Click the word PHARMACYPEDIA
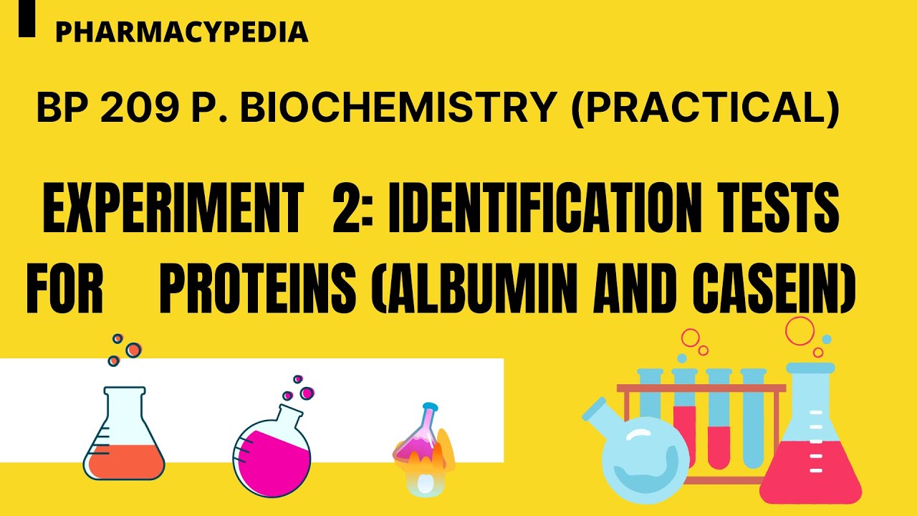181,32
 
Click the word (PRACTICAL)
704,109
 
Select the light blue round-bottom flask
642,451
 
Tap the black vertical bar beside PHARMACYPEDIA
27,19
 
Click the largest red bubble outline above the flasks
800,330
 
